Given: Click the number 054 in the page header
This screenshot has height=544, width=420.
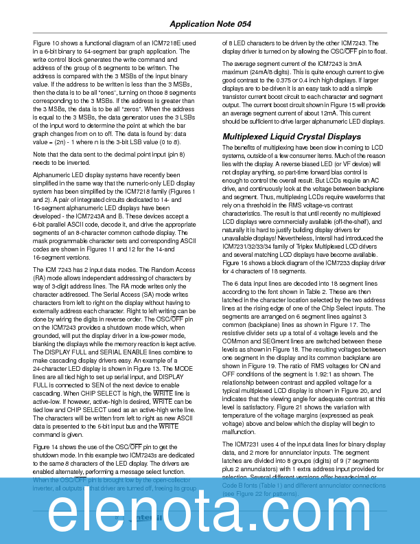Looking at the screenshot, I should [x=242, y=24].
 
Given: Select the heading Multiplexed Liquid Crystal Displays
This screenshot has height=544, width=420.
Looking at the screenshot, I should [x=291, y=137].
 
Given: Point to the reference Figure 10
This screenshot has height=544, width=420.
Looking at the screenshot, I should [x=47, y=43].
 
